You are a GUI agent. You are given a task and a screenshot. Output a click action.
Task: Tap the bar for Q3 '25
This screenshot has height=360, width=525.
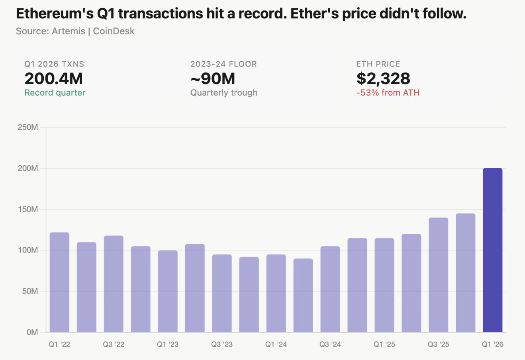tap(438, 275)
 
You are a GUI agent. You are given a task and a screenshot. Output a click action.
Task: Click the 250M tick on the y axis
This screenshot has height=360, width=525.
tap(28, 127)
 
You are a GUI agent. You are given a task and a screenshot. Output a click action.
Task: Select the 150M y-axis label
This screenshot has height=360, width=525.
tap(28, 209)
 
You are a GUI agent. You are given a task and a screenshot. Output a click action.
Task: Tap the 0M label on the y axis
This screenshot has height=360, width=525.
tap(32, 332)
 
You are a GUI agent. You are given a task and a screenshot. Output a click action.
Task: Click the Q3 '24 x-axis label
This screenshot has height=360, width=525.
tap(330, 344)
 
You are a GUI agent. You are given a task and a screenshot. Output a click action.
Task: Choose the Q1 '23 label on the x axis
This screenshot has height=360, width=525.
tap(168, 344)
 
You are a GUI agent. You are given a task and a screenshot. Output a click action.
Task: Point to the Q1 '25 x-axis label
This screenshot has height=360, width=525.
tap(384, 344)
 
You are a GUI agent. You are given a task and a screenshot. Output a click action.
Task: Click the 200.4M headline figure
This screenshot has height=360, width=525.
tap(54, 78)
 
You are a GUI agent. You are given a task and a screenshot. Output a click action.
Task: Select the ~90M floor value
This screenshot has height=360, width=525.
tap(213, 78)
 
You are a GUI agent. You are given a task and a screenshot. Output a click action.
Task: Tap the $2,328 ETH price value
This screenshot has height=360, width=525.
tap(383, 78)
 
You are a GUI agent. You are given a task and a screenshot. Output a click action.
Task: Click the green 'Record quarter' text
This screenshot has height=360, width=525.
tap(55, 93)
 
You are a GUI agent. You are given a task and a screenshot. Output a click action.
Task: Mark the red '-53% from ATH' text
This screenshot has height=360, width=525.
tap(388, 93)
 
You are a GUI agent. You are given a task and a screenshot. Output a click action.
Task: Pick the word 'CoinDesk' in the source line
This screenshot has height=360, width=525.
tap(114, 31)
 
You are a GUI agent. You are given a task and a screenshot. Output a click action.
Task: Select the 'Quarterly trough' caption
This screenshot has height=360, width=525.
tap(224, 93)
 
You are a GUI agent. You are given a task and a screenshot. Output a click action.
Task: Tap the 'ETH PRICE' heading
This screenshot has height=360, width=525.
tap(378, 64)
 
